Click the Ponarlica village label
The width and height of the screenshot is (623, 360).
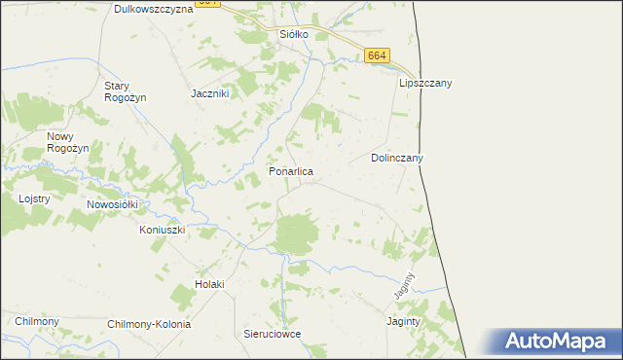click(291, 171)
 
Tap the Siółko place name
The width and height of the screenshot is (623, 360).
click(294, 34)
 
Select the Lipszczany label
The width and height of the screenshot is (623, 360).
click(425, 84)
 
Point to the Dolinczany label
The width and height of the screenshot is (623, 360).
click(397, 157)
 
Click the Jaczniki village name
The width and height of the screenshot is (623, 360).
click(209, 93)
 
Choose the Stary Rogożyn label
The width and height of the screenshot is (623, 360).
click(123, 90)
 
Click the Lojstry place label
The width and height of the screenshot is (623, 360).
click(34, 198)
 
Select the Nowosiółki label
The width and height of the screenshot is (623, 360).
click(114, 204)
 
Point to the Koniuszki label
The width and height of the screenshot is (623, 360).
click(162, 230)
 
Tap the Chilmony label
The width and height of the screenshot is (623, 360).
click(37, 321)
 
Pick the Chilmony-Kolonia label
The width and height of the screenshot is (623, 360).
click(149, 324)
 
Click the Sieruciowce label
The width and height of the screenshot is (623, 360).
click(272, 334)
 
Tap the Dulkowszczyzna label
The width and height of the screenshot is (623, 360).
click(153, 9)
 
